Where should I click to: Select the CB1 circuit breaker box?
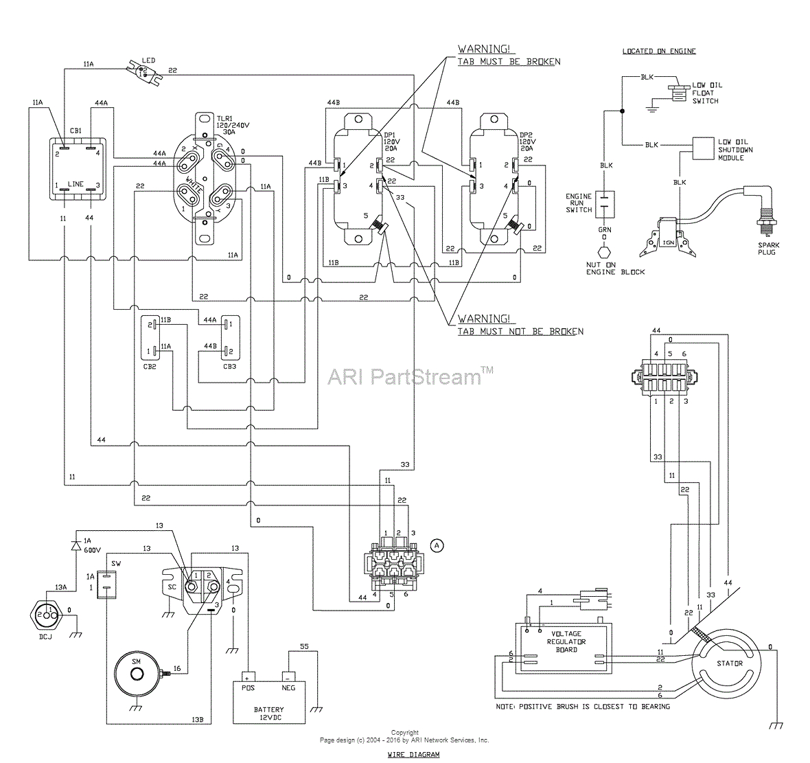coord(78,169)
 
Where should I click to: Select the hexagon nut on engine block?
coord(604,253)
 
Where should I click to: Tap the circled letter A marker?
coord(437,545)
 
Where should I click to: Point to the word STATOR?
coord(730,663)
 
